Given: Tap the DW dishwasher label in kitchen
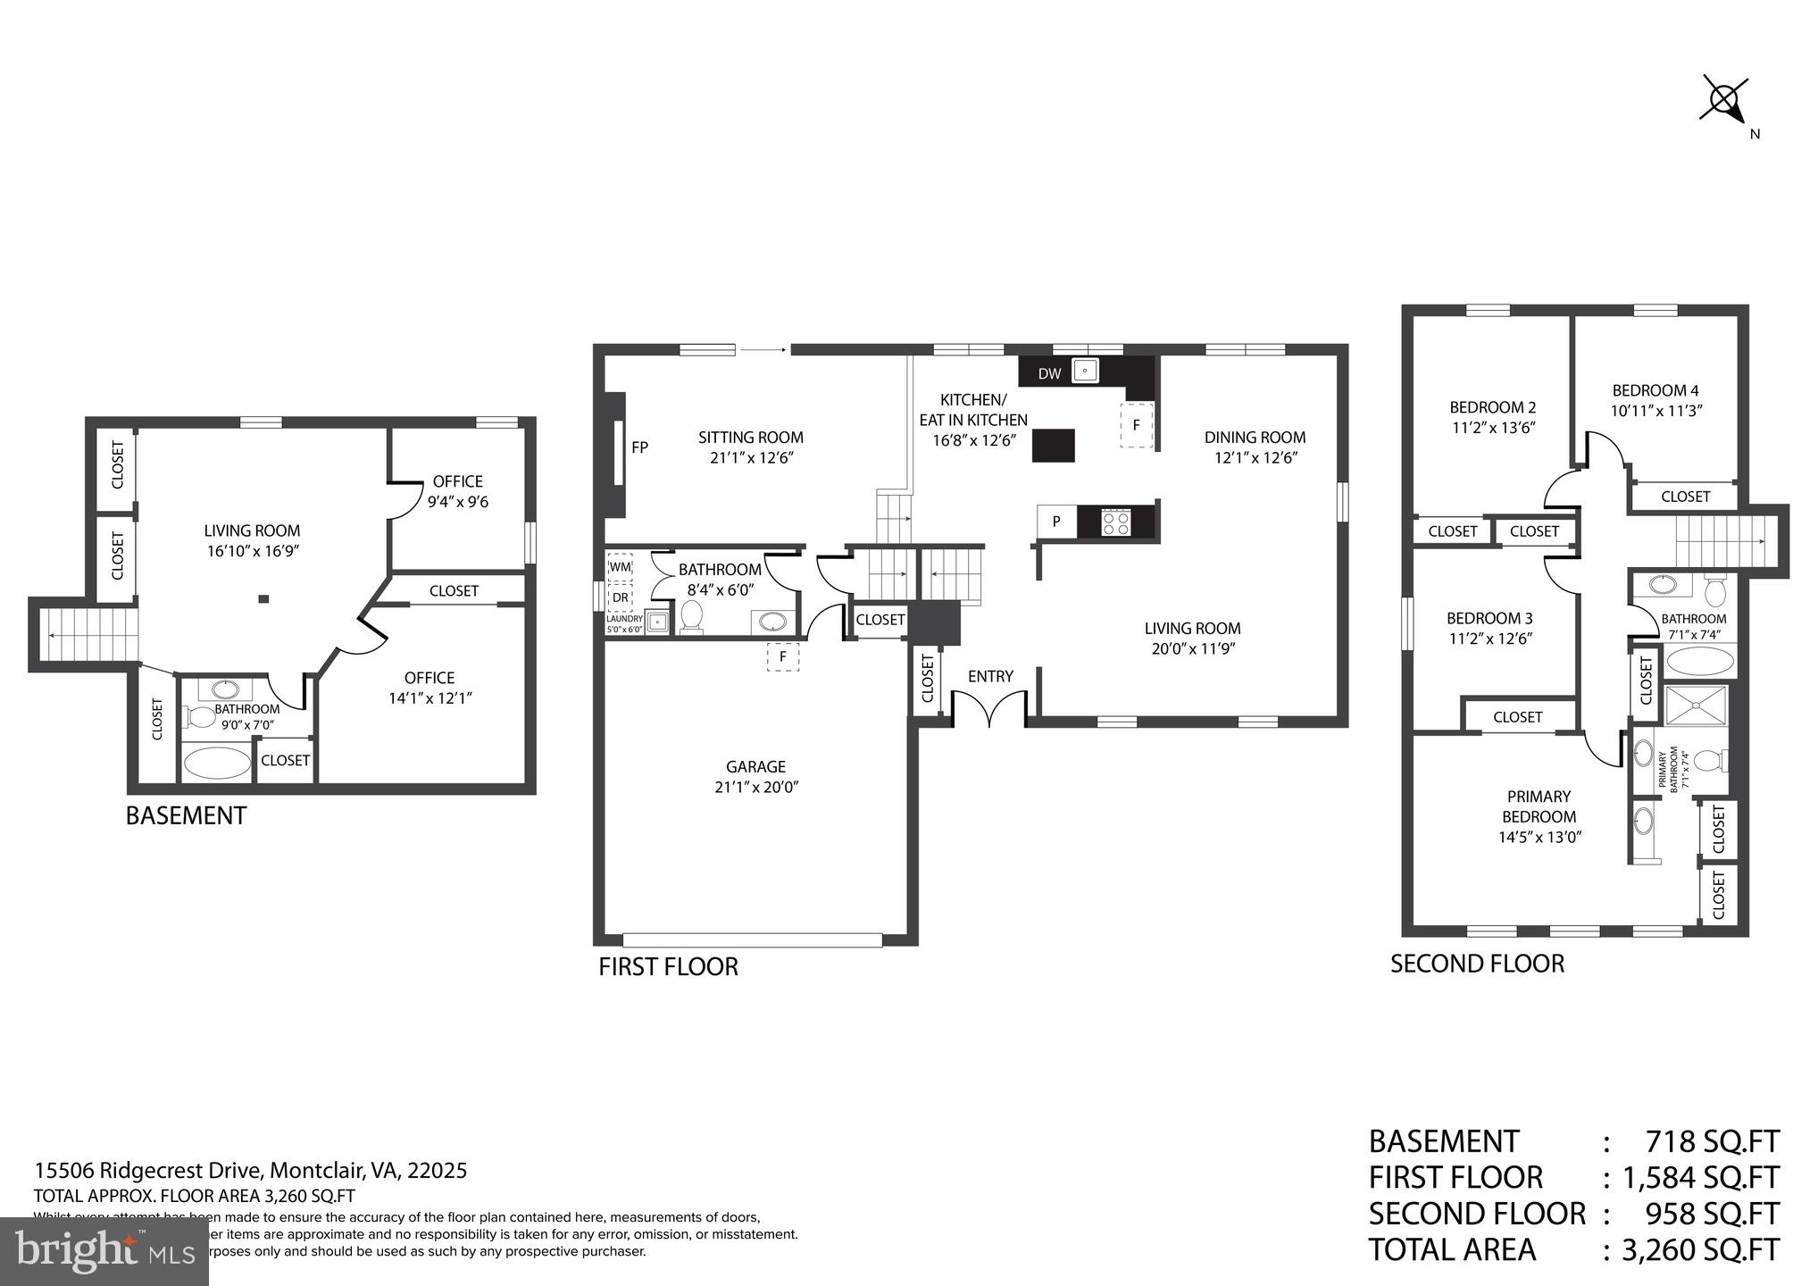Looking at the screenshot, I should tap(1049, 373).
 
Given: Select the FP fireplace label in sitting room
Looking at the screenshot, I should tap(639, 447).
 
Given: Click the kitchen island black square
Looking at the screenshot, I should tap(1053, 445).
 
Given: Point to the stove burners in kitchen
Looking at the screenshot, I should tap(1115, 522).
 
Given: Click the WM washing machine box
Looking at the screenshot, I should tap(620, 567).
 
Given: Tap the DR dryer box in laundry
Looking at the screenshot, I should tap(620, 597).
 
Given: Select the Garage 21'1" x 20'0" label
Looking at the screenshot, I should tap(755, 777).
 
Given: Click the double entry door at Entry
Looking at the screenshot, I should tap(988, 712).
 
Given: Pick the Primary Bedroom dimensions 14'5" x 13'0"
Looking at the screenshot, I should tap(1539, 838).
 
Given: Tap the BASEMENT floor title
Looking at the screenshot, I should tap(186, 816).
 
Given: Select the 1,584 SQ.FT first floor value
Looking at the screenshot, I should tap(1700, 1178).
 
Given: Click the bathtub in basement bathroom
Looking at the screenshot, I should tap(217, 764).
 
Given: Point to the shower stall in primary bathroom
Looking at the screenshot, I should tap(1696, 706).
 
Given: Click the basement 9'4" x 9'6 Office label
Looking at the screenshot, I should tap(457, 491).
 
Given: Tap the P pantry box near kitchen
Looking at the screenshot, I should tap(1056, 522).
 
